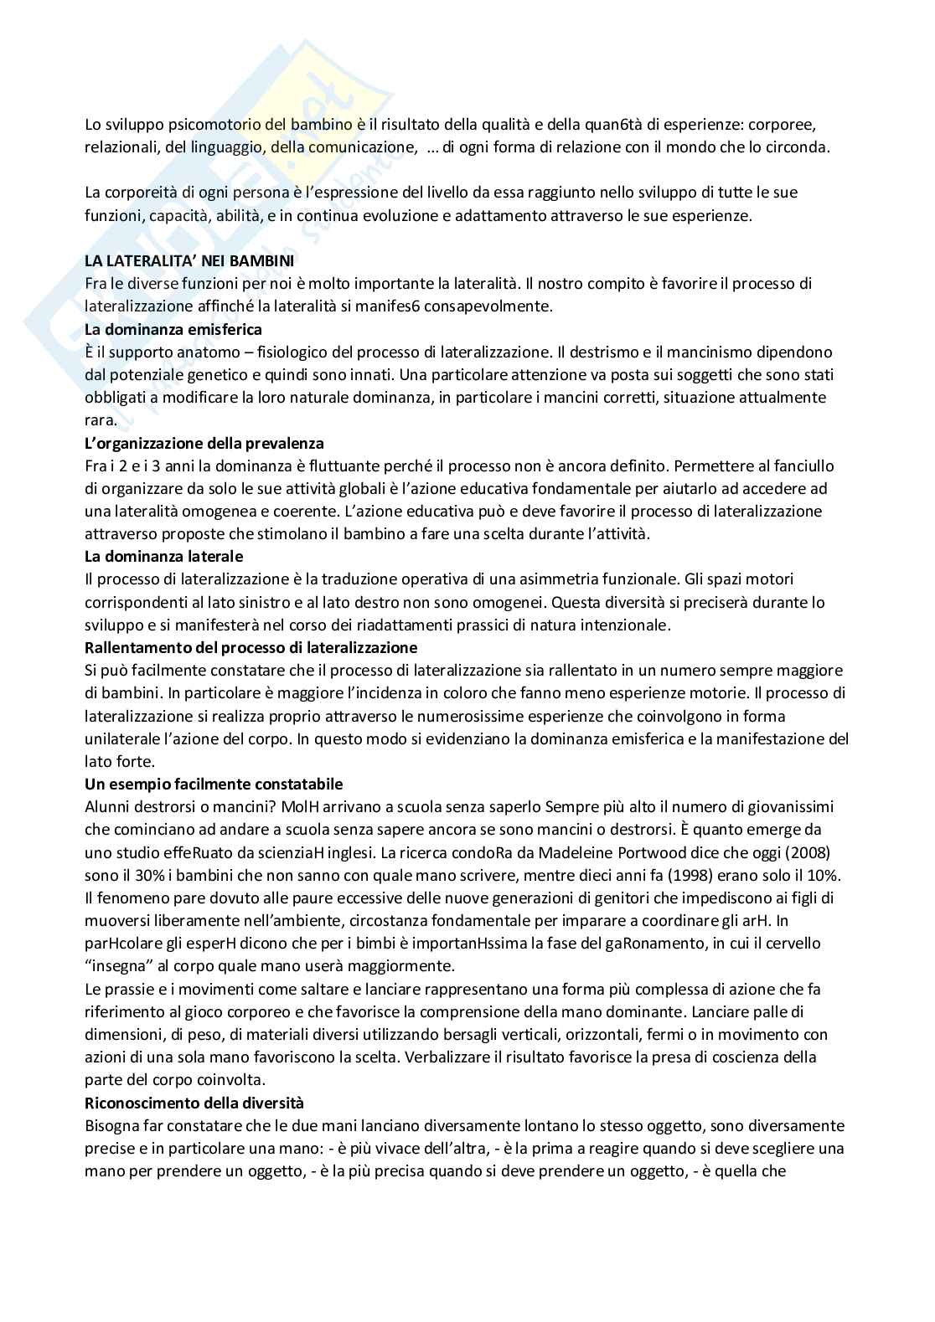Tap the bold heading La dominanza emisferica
coord(173,329)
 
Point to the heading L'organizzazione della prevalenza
coord(204,443)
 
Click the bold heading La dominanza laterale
coord(164,556)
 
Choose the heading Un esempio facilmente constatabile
coord(214,784)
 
